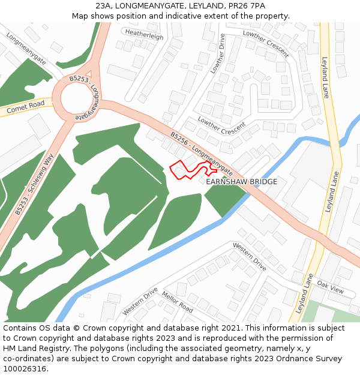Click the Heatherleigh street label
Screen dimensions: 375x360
click(x=144, y=36)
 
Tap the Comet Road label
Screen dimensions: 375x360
click(x=26, y=108)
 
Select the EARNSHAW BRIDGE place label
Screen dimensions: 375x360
click(x=241, y=181)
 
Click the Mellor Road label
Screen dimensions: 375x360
click(x=177, y=302)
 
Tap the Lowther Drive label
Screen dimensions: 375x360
click(x=217, y=54)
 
